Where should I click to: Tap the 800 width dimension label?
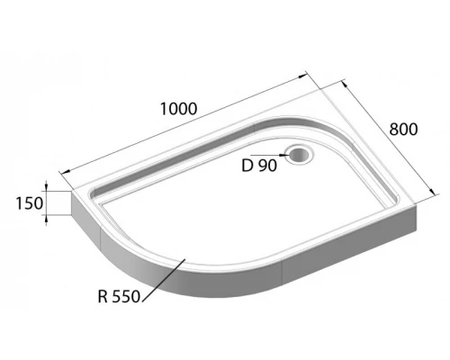402,129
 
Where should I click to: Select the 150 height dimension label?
29,203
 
